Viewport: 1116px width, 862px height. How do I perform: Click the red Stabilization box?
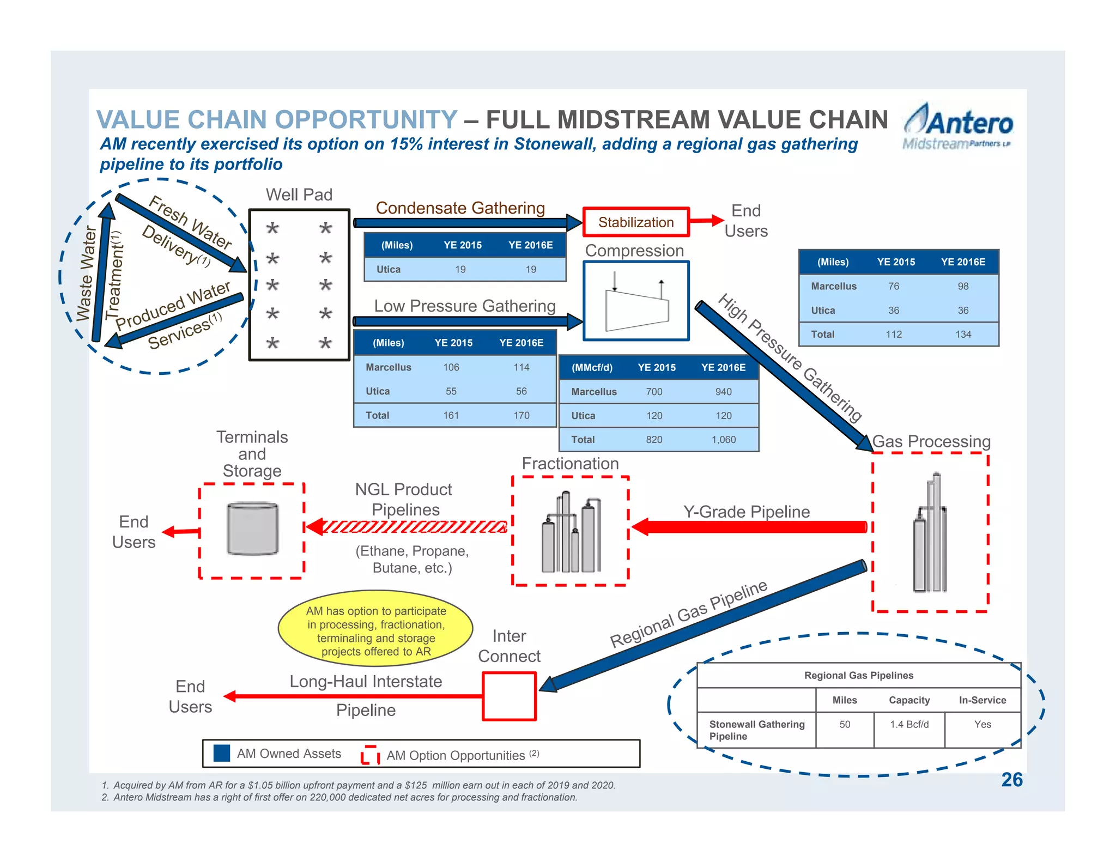pos(636,222)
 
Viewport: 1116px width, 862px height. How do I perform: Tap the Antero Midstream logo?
pos(958,127)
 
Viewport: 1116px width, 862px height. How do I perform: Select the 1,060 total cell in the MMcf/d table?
pos(723,440)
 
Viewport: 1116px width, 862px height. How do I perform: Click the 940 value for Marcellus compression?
pos(723,392)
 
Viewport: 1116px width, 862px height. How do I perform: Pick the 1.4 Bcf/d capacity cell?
pos(909,725)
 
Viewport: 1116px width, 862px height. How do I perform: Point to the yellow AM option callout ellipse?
pos(375,629)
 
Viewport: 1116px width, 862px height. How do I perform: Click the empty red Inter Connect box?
pos(510,696)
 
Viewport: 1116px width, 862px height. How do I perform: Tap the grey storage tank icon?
pos(252,529)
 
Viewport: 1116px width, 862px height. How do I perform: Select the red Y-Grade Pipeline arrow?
pos(749,527)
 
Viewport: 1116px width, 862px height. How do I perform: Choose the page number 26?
pos(1011,780)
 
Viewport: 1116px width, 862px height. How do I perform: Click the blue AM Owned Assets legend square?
pos(221,753)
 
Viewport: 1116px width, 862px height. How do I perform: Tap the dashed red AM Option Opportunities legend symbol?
pos(370,755)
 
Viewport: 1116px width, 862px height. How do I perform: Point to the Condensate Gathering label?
pos(460,208)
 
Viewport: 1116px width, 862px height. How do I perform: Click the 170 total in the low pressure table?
pos(521,415)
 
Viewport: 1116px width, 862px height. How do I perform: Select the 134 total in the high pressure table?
pos(963,335)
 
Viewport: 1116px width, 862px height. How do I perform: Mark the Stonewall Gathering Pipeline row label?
pos(756,730)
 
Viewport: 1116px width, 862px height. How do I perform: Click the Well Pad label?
pos(299,195)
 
